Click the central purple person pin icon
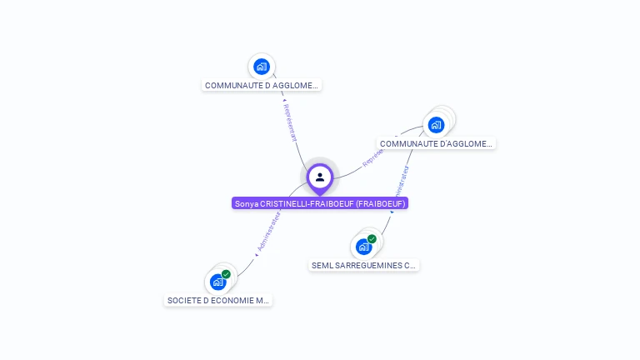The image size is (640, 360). (320, 177)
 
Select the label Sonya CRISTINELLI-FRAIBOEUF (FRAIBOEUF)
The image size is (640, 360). (320, 203)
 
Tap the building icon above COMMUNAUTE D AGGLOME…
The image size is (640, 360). (262, 67)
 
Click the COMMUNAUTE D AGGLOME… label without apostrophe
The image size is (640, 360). (262, 85)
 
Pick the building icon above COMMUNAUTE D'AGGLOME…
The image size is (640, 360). (436, 125)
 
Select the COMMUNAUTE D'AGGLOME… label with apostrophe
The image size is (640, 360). (436, 143)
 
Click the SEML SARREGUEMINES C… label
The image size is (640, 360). (363, 265)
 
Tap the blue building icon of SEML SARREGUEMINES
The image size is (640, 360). (363, 247)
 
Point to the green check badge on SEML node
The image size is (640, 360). (372, 239)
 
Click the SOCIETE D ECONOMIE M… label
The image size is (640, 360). (218, 300)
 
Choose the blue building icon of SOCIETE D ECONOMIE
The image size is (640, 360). (217, 282)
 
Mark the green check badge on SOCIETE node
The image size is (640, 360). (226, 274)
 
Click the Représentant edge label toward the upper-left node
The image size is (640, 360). (289, 122)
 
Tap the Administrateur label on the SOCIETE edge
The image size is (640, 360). (269, 231)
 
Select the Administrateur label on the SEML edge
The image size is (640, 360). (400, 188)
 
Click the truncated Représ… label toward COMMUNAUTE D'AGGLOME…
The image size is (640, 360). (373, 156)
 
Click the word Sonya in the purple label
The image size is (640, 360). (246, 203)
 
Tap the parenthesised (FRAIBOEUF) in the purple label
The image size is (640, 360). (380, 203)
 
